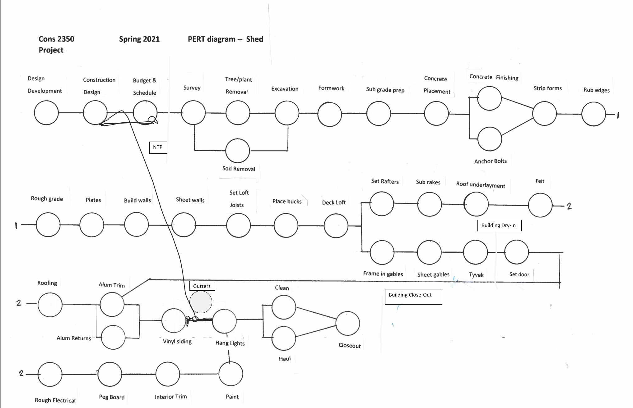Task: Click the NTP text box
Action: pyautogui.click(x=158, y=147)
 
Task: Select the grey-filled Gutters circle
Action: pyautogui.click(x=201, y=302)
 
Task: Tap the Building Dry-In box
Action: pyautogui.click(x=499, y=225)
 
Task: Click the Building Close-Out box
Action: pyautogui.click(x=413, y=297)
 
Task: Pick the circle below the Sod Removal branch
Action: pyautogui.click(x=238, y=151)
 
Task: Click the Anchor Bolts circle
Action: pyautogui.click(x=490, y=139)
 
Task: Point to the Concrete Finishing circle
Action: pyautogui.click(x=490, y=98)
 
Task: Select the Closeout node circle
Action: pyautogui.click(x=348, y=324)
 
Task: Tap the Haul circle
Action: pyautogui.click(x=283, y=338)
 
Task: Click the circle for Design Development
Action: pyautogui.click(x=46, y=113)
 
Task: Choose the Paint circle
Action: pyautogui.click(x=231, y=374)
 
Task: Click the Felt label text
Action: pyautogui.click(x=540, y=181)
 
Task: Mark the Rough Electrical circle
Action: pyautogui.click(x=50, y=374)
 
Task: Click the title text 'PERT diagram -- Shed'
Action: pyautogui.click(x=225, y=39)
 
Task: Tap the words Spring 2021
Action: pyautogui.click(x=139, y=39)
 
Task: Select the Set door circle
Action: pyautogui.click(x=516, y=252)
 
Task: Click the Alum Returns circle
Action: pyautogui.click(x=113, y=337)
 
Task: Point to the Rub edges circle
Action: pyautogui.click(x=593, y=114)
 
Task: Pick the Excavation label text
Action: pyautogui.click(x=285, y=89)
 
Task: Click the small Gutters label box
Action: pyautogui.click(x=202, y=286)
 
